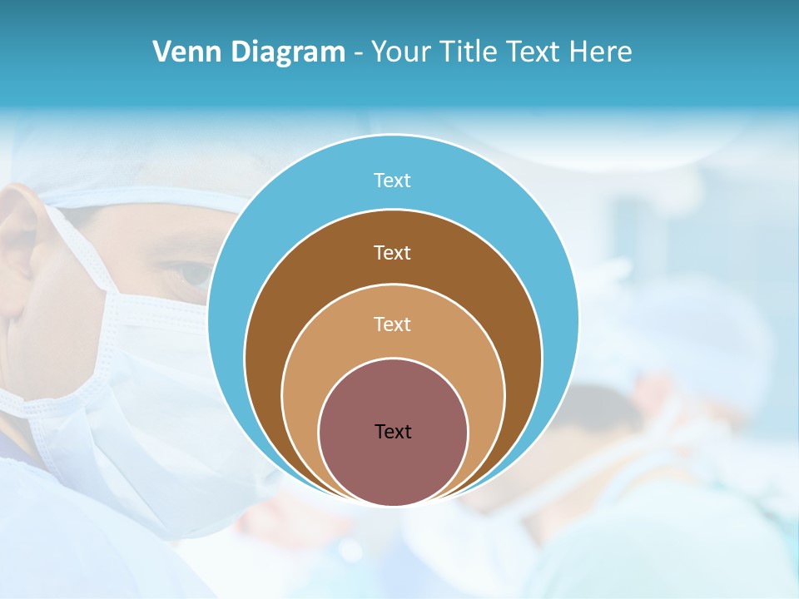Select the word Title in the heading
[x=472, y=52]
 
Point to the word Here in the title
[x=600, y=52]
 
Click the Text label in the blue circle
[x=393, y=181]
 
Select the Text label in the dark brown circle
[x=393, y=252]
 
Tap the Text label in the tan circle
[x=393, y=324]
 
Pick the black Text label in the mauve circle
[x=393, y=432]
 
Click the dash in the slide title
[x=358, y=52]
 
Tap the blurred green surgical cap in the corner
[x=666, y=549]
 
